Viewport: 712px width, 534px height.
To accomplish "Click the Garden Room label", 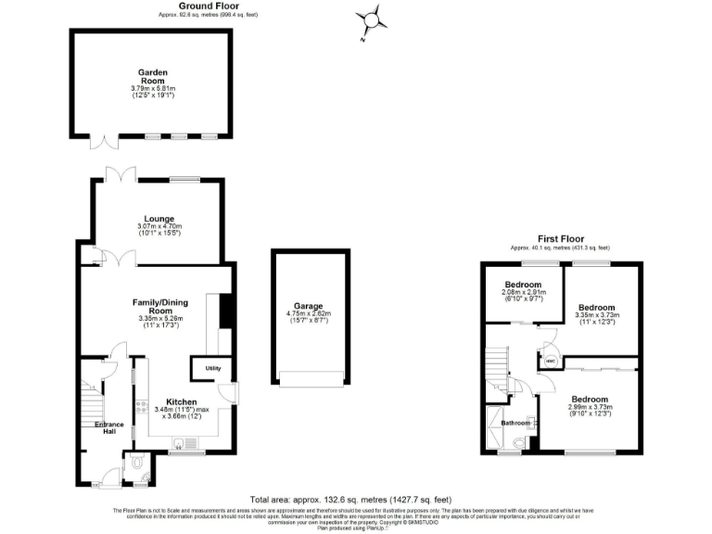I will coord(151,76).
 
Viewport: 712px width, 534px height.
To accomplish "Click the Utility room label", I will coord(212,369).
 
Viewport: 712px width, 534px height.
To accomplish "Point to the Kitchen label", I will coord(181,402).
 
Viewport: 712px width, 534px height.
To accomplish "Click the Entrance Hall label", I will coord(108,427).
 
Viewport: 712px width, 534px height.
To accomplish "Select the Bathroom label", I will coord(515,424).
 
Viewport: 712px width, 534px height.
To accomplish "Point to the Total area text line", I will coord(356,497).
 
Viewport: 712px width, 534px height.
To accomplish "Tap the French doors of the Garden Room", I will coord(104,142).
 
